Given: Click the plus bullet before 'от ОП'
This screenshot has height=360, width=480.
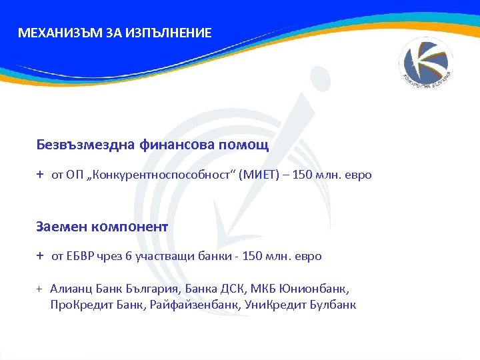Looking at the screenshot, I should [40, 175].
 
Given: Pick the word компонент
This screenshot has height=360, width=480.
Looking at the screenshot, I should [132, 226].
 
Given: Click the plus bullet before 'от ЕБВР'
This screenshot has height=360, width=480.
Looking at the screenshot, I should [40, 256].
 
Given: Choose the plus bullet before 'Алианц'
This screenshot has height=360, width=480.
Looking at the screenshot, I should [39, 289].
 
